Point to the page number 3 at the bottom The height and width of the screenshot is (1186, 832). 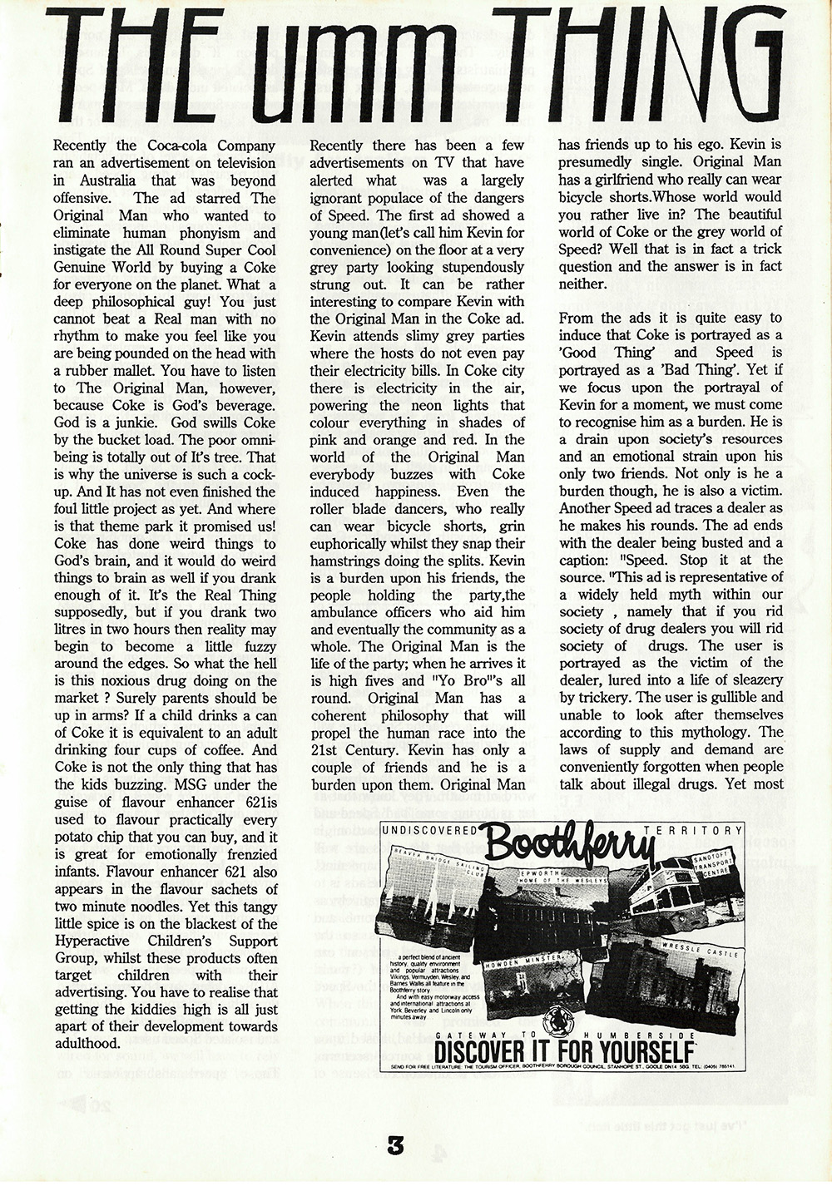[x=394, y=1148]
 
